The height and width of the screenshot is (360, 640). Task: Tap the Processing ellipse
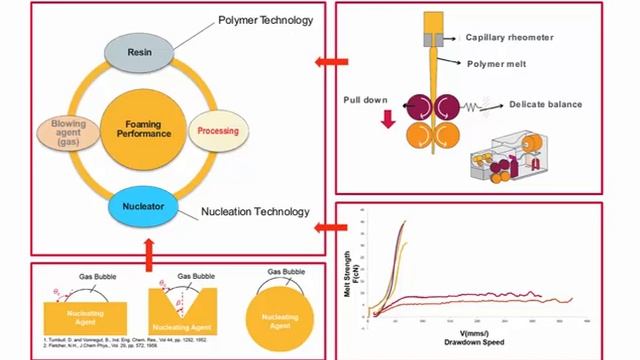(x=217, y=131)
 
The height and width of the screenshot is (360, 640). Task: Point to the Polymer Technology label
(x=266, y=20)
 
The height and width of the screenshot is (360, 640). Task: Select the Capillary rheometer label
(x=509, y=37)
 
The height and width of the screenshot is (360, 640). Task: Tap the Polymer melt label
(x=497, y=62)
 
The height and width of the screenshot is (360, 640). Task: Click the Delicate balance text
(x=545, y=104)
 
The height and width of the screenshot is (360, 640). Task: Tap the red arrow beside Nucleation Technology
(x=322, y=229)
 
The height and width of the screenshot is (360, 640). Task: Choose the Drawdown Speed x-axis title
(x=473, y=342)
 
